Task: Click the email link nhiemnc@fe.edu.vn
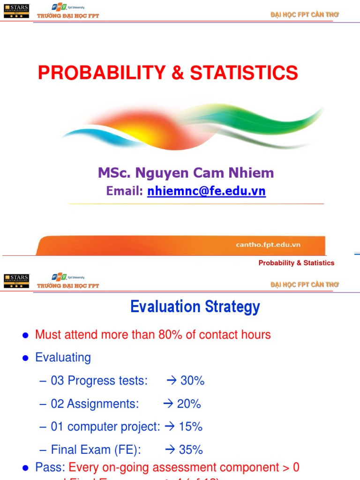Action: pyautogui.click(x=206, y=191)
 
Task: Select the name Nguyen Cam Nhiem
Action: pyautogui.click(x=204, y=173)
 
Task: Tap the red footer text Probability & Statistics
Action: pyautogui.click(x=296, y=263)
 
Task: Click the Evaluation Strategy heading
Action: pyautogui.click(x=195, y=307)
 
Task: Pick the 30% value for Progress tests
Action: pyautogui.click(x=192, y=381)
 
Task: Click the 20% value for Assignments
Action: pyautogui.click(x=188, y=404)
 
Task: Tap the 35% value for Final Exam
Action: pyautogui.click(x=191, y=450)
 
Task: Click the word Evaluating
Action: pyautogui.click(x=63, y=358)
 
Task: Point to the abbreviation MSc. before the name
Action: pyautogui.click(x=114, y=173)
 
